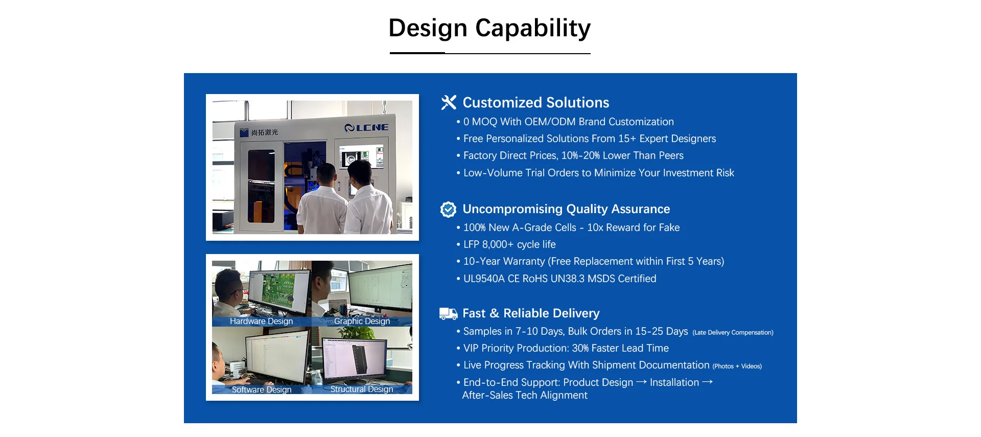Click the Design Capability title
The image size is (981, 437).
point(489,28)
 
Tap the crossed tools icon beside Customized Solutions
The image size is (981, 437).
point(449,102)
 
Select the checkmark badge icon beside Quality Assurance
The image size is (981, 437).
point(448,209)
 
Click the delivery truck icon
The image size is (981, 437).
point(448,313)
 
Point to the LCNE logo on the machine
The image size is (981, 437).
point(366,128)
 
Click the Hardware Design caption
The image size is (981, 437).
point(261,321)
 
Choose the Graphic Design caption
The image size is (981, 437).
point(362,321)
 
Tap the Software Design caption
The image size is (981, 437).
point(262,389)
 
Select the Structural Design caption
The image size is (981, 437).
point(362,389)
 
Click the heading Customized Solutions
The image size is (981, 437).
point(535,102)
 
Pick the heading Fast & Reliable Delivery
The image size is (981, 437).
point(531,313)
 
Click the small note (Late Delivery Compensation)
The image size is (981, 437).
point(733,333)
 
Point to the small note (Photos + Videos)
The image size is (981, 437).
point(737,366)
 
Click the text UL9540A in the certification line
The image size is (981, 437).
point(483,279)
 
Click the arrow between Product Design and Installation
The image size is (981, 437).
point(642,382)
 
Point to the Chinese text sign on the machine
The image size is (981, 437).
point(265,132)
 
